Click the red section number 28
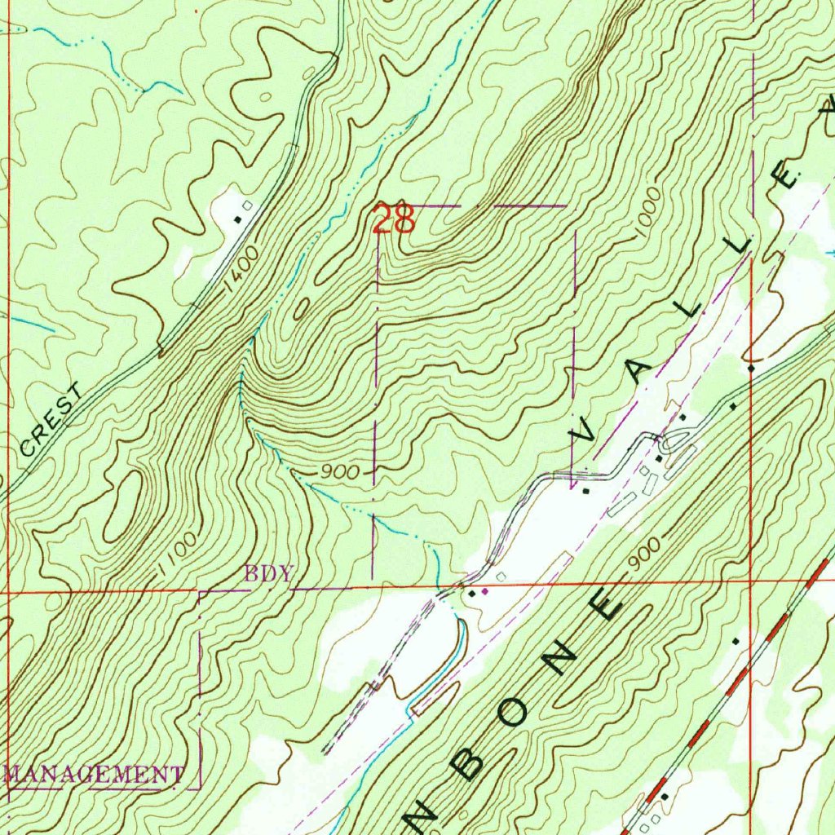tap(395, 219)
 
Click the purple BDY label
tap(268, 573)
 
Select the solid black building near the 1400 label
tap(238, 219)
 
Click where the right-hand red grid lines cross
tap(751, 581)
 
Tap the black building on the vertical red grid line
tap(751, 369)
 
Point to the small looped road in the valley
tap(669, 442)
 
